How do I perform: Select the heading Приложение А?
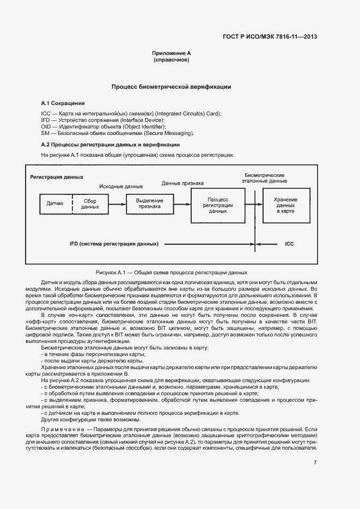tap(172, 53)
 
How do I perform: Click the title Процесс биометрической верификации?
tap(172, 87)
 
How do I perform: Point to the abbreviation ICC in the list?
tap(46, 113)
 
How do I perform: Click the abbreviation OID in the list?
tap(46, 126)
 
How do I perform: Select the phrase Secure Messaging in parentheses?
tap(169, 133)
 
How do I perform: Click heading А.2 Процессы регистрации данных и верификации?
tap(111, 145)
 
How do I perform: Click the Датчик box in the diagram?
tap(56, 204)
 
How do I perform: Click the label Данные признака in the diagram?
tap(182, 183)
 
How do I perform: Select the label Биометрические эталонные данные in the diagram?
tap(266, 177)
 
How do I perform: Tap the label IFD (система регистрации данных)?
tap(114, 244)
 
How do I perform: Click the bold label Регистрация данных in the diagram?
tap(57, 177)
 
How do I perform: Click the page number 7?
tap(315, 462)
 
